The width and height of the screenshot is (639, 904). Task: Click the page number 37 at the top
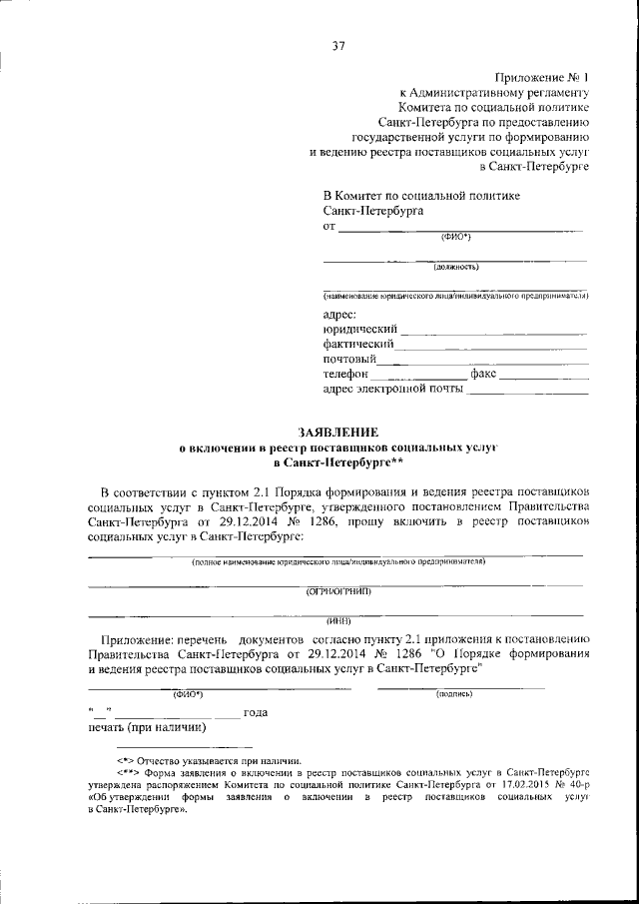click(338, 45)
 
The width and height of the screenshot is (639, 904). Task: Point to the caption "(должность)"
click(455, 267)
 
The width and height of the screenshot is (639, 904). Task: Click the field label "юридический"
click(360, 329)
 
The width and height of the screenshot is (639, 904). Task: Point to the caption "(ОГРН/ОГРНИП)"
click(337, 591)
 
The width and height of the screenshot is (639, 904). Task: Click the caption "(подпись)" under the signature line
click(454, 692)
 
